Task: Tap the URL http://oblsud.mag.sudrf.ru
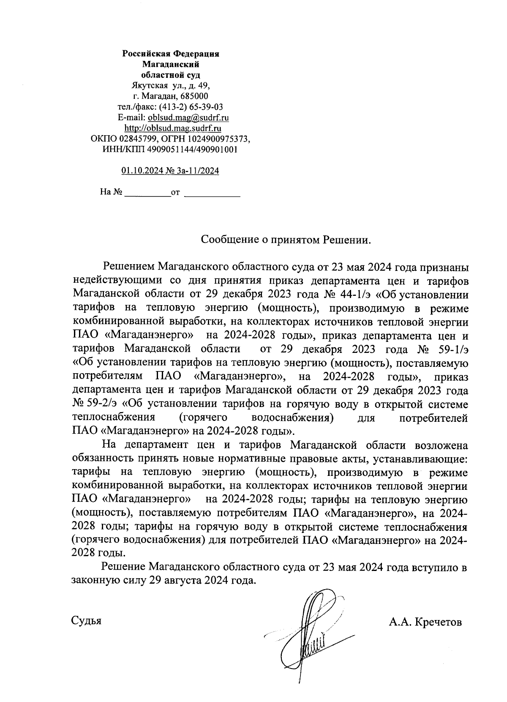coord(172,128)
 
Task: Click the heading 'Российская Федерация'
coord(171,54)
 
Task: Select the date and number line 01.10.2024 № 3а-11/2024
coord(170,171)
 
